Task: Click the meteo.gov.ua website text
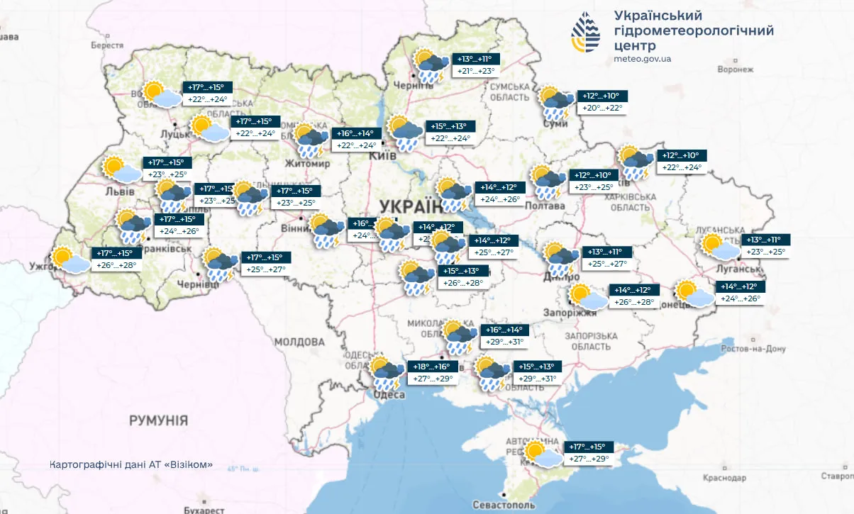coord(642,59)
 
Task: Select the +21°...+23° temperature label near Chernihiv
coord(475,71)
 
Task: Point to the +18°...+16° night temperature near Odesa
coord(432,367)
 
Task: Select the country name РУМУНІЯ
coord(158,420)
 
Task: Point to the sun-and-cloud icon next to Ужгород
coord(71,260)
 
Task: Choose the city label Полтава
coord(545,206)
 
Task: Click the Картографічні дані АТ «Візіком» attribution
coord(131,465)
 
